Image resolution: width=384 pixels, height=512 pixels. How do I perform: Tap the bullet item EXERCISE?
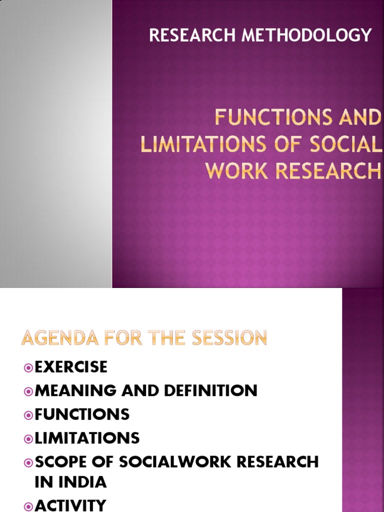tap(71, 367)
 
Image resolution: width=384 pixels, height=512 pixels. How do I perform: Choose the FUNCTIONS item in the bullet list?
tap(82, 414)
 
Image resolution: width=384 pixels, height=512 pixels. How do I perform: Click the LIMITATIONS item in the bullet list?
tap(87, 438)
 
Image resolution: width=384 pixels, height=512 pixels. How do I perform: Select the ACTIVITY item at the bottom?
tap(70, 505)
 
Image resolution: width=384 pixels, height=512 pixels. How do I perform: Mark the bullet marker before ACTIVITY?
tap(28, 505)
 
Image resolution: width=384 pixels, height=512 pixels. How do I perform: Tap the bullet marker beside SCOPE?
tap(28, 462)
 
